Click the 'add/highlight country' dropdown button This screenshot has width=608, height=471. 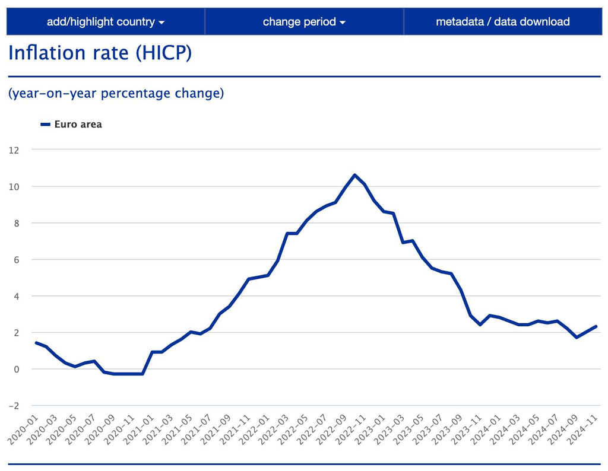tap(106, 22)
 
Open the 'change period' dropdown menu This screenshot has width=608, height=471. tap(304, 22)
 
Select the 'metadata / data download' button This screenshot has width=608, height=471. tap(502, 22)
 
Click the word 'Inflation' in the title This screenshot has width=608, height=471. tap(47, 53)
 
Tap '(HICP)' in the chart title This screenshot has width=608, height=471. tap(163, 53)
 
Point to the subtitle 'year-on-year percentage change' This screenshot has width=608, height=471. tap(116, 94)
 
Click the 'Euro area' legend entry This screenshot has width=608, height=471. tap(78, 125)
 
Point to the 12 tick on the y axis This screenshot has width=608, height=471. tap(14, 150)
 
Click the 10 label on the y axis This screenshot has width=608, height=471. tap(14, 187)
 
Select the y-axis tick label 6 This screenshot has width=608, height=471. tap(16, 260)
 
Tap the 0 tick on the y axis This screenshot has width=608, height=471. tap(16, 369)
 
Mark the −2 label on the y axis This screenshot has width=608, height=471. tap(14, 406)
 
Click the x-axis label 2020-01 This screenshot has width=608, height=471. tap(22, 431)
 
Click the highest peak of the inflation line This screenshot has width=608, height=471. tap(354, 175)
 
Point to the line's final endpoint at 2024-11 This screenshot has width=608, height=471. tap(596, 326)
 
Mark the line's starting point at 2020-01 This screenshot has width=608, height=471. tap(36, 343)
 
